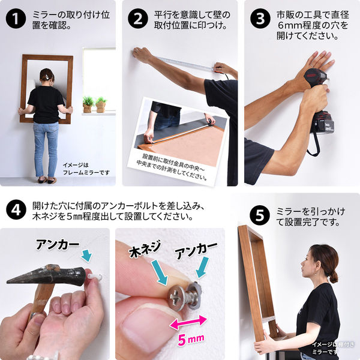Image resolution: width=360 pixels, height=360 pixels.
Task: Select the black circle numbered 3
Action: [260, 19]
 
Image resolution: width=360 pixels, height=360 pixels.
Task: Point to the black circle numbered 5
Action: [260, 214]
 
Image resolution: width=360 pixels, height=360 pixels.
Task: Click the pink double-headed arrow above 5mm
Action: [189, 325]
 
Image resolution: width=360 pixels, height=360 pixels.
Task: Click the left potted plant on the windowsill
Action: [88, 104]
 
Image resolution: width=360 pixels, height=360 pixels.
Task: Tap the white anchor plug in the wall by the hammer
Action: [94, 277]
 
